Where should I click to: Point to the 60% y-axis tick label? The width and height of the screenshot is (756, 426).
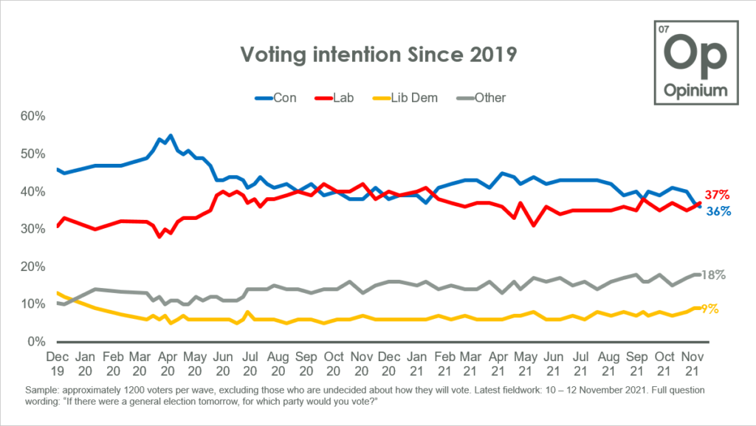coord(34,117)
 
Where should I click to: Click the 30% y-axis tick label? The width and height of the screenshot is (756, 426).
coord(34,230)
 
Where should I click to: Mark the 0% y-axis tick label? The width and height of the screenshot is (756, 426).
coord(37,342)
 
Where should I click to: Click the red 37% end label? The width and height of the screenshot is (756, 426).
coord(717,195)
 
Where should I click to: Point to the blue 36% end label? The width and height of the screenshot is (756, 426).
coord(717,211)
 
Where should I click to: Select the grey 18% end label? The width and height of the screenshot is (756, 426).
coord(714,275)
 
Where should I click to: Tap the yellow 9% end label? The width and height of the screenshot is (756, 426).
coord(710,309)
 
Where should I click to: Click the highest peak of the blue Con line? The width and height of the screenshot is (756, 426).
coord(171,136)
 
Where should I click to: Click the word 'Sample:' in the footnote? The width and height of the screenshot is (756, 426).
coord(41,389)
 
